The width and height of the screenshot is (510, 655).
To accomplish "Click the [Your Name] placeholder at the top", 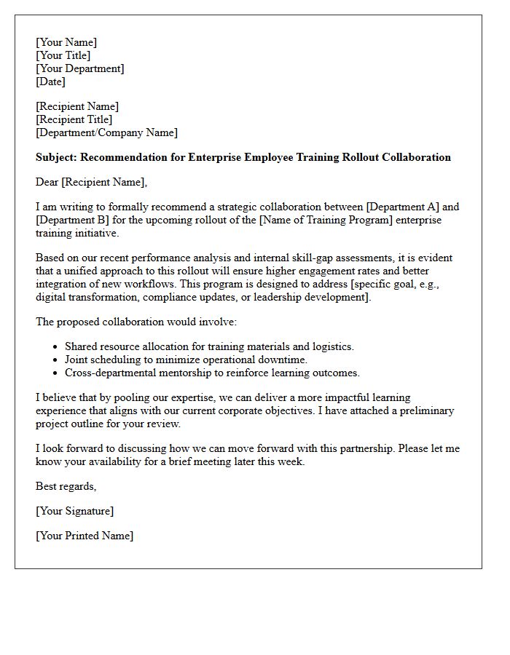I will (66, 42).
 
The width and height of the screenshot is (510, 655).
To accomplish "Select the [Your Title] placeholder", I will (63, 55).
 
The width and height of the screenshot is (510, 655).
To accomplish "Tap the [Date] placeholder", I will (50, 82).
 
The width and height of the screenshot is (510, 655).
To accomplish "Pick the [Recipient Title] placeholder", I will (74, 119).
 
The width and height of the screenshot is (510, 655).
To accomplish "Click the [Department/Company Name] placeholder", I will (106, 132).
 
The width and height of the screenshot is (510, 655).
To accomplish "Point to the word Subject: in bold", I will (57, 157).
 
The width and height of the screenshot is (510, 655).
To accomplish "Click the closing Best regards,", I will (66, 486).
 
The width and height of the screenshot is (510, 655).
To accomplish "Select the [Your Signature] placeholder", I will (74, 511).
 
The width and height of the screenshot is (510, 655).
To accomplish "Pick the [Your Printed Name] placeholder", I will (85, 536).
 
